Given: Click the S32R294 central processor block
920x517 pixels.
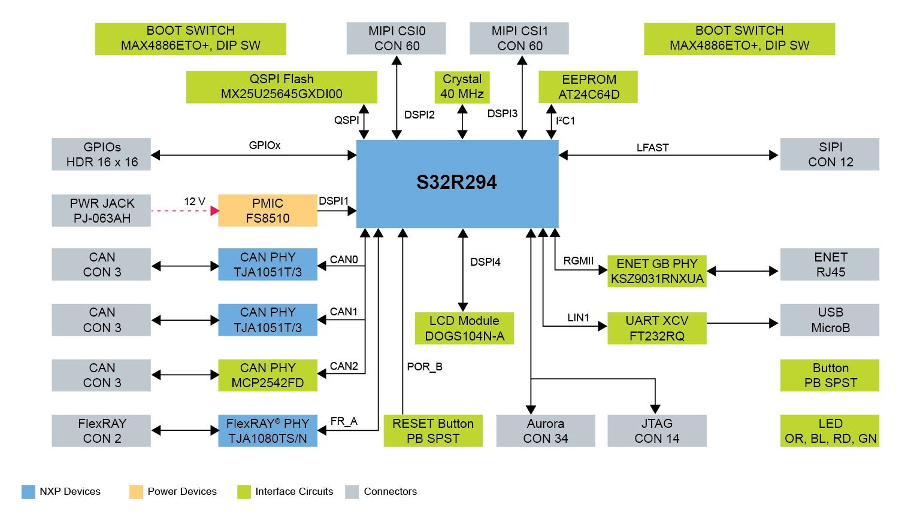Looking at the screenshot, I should pos(457,184).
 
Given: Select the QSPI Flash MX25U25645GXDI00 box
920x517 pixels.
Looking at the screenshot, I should pos(282,87).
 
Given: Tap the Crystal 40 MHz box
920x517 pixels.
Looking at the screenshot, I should pos(462,87).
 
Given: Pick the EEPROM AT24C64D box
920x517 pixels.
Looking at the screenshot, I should pos(588,87).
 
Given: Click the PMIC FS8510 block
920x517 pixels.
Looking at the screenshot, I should pos(267,211).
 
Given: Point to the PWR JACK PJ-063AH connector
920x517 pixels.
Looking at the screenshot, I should pos(101,211).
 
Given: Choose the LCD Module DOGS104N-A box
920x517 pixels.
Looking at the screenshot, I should pos(464,329).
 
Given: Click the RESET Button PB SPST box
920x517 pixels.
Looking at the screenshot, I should pos(432,431).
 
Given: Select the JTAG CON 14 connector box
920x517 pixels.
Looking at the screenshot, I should pos(656,431).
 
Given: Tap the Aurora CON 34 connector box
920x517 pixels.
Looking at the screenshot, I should pos(545,431).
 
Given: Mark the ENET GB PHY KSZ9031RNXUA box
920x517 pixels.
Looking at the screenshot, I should pos(656,271).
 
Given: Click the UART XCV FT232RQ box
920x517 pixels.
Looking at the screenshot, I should pos(656,329).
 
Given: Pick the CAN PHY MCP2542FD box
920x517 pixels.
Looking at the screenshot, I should pos(267,375).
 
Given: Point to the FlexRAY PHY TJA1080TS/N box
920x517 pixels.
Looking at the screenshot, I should pos(267,431).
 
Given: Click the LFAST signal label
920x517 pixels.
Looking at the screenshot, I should pos(652,148).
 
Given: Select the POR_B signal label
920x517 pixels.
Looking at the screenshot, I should pos(424,367).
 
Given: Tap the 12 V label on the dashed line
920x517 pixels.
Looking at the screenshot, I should pos(194,202).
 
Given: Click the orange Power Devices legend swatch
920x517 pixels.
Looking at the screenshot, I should pos(136,492).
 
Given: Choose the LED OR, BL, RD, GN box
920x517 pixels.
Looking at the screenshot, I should pos(830,431).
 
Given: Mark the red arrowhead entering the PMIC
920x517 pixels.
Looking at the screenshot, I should pos(214,211).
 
